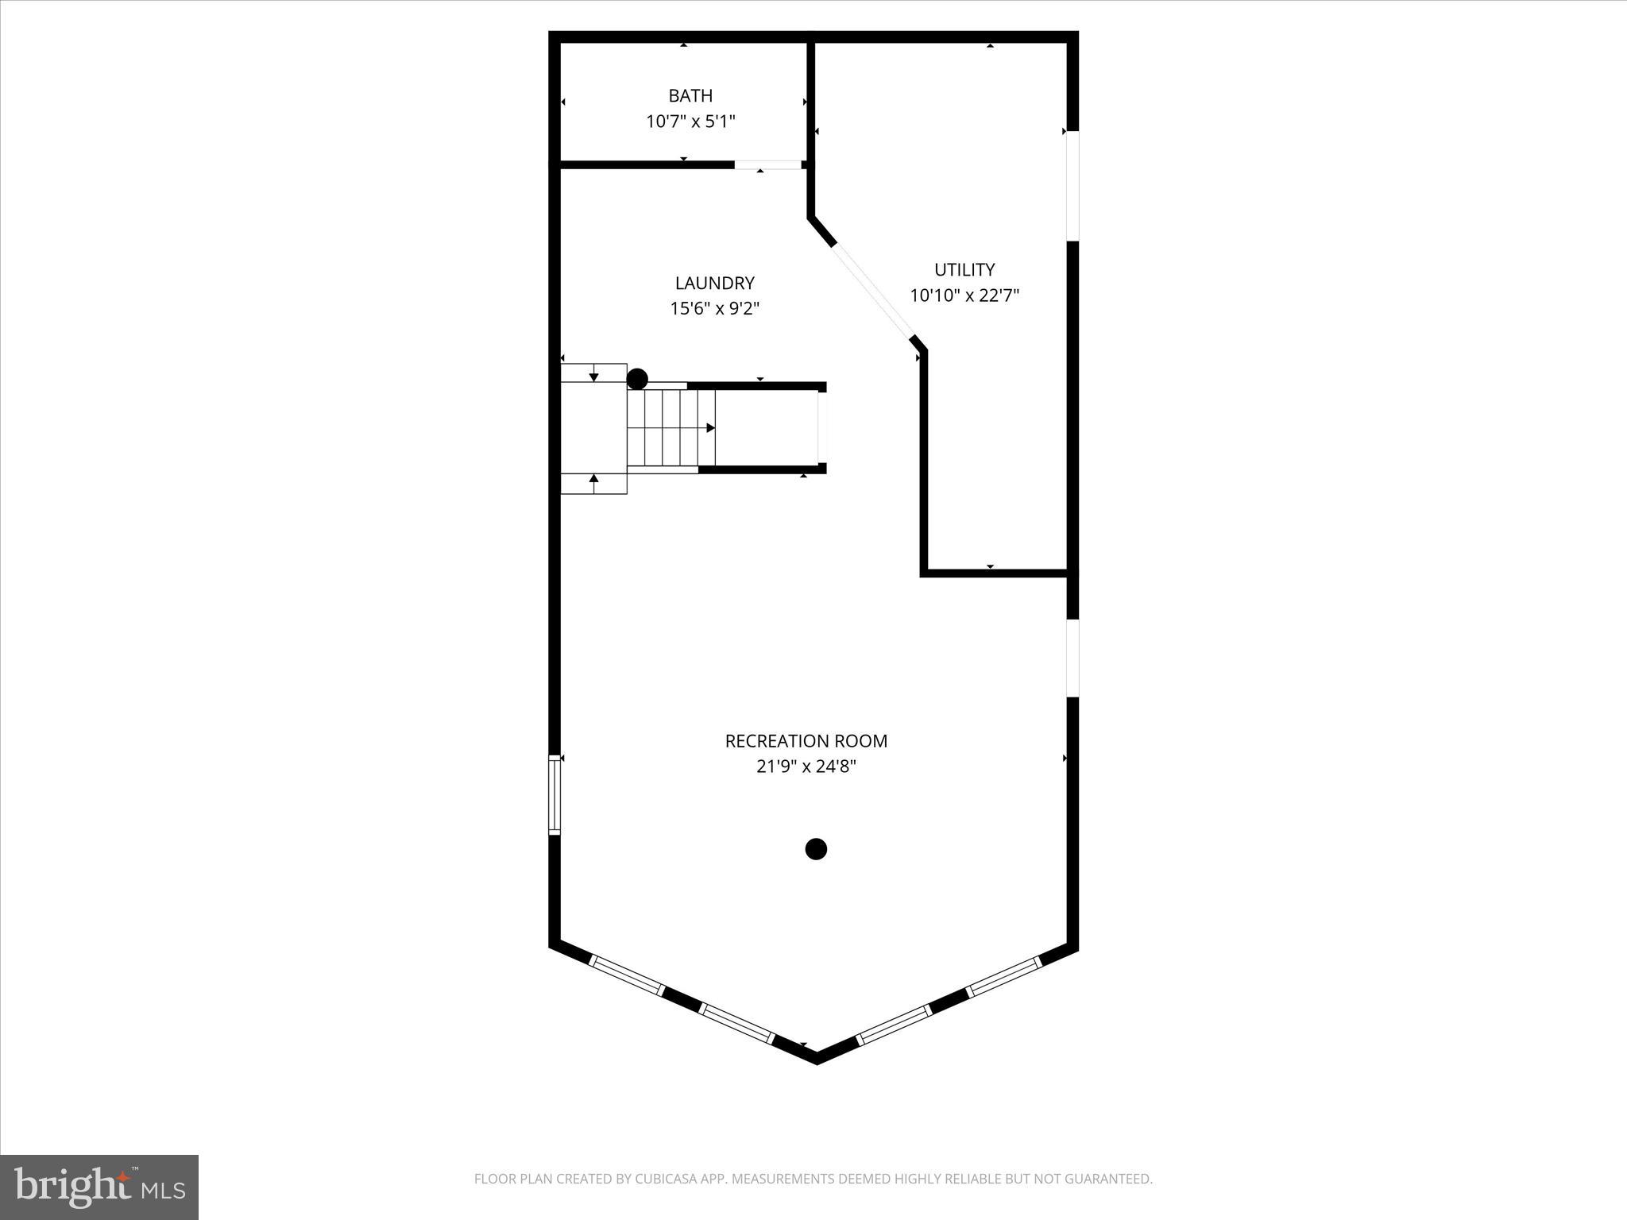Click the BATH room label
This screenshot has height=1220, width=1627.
[690, 96]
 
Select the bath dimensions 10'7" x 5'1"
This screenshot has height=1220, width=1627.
[690, 122]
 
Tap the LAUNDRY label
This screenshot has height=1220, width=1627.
[714, 283]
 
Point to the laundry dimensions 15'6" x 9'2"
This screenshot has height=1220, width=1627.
[714, 308]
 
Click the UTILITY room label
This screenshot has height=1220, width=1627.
[964, 269]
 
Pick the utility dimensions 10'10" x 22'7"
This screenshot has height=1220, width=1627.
[964, 295]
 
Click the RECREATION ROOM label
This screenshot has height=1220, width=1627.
[806, 741]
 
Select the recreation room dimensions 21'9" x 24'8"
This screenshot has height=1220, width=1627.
[806, 766]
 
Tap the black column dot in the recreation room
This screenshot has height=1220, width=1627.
[816, 849]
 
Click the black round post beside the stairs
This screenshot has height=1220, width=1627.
[637, 379]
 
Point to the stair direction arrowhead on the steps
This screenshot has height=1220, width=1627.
[711, 428]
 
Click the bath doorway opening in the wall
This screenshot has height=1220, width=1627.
[767, 165]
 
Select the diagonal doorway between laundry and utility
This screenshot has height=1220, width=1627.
[873, 291]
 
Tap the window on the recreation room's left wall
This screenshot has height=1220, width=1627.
[555, 794]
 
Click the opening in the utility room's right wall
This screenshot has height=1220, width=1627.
[1072, 185]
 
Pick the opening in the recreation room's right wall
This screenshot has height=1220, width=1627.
[1072, 658]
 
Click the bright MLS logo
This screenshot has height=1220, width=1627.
[99, 1187]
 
